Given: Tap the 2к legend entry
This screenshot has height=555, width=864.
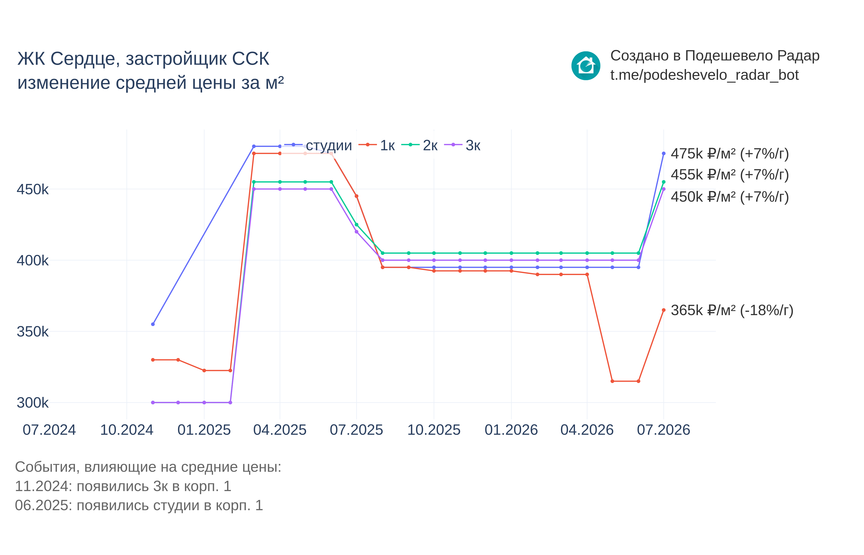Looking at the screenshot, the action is [419, 145].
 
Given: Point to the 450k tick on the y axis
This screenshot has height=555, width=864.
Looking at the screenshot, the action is [33, 189].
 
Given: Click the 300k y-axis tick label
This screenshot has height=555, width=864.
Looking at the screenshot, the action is [33, 402].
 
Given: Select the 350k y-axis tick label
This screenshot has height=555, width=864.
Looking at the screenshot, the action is [33, 332].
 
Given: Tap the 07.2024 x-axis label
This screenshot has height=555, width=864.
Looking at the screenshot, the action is [49, 430].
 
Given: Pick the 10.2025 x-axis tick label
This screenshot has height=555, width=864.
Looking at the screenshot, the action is [434, 430].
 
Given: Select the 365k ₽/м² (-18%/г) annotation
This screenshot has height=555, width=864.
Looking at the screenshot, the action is [732, 310].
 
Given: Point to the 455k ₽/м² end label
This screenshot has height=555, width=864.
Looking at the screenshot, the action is [729, 175].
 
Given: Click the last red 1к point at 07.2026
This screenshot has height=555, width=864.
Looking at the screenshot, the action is [663, 310].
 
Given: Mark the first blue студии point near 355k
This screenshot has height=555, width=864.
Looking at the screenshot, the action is [153, 324].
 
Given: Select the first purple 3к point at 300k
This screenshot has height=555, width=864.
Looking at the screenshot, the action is [153, 402].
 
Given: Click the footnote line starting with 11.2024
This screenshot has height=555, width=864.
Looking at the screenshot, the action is [123, 486].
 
